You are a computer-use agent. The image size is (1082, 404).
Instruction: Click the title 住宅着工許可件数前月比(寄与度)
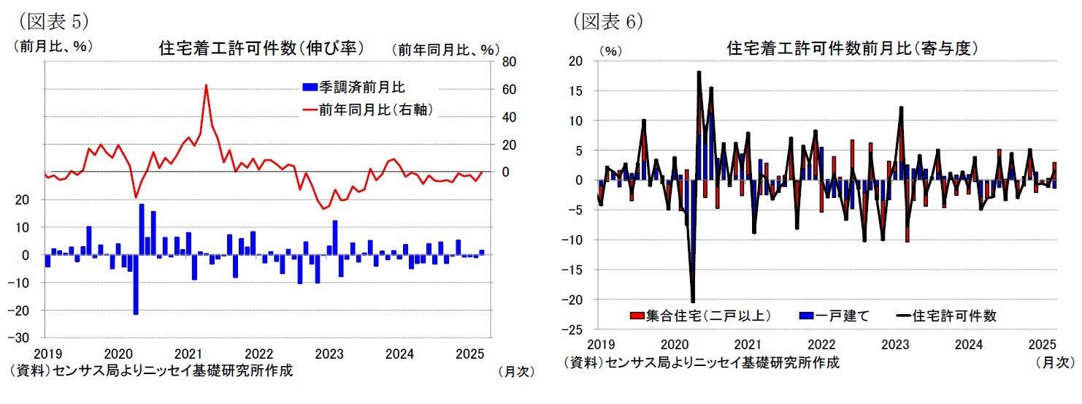[x=852, y=49]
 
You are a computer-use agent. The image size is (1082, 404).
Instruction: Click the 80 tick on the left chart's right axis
[x=509, y=61]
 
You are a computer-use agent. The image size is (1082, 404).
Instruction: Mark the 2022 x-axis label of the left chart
[x=260, y=354]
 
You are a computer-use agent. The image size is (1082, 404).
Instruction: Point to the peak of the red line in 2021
[x=206, y=85]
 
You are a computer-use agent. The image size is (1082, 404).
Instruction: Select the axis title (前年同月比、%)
[x=445, y=50]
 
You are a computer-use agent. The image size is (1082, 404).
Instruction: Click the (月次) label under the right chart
[x=1054, y=362]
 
